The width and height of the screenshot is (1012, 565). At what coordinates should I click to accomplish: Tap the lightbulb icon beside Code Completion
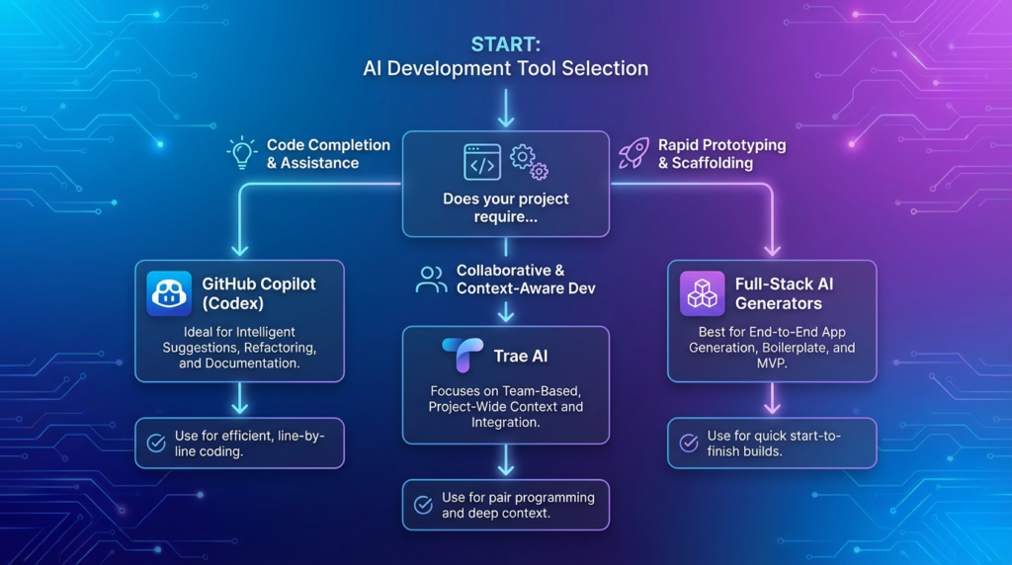(241, 153)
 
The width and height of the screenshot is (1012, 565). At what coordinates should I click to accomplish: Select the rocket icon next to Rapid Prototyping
(632, 153)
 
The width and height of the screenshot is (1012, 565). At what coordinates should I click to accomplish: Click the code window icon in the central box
(482, 162)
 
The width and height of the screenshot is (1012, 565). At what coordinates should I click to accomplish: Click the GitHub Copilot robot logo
(169, 293)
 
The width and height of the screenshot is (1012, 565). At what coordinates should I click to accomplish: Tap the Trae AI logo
(462, 356)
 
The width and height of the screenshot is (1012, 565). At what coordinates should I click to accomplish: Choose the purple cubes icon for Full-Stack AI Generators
(702, 293)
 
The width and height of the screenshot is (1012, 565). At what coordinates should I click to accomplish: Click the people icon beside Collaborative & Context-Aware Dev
(431, 280)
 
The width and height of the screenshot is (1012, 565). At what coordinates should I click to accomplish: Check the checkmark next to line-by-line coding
(156, 443)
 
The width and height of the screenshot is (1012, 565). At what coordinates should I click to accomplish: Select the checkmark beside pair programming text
(423, 505)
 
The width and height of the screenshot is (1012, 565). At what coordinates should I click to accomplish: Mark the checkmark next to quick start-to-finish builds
(689, 443)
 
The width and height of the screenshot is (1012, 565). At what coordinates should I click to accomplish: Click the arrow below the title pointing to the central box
(506, 109)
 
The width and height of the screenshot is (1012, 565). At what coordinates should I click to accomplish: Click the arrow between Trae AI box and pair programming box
(506, 460)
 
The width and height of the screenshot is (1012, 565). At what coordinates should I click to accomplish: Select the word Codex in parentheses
(234, 303)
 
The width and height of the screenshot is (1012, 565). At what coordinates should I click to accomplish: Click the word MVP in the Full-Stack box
(772, 363)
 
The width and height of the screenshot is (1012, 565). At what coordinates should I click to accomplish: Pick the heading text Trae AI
(521, 356)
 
